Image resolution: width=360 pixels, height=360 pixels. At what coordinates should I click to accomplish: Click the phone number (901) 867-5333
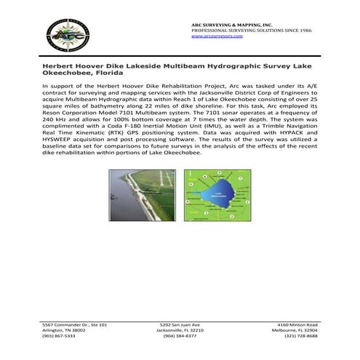(x=58, y=336)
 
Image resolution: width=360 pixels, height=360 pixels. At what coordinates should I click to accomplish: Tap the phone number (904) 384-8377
(x=180, y=336)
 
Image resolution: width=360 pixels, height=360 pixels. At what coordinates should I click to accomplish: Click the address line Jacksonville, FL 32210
(x=180, y=329)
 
